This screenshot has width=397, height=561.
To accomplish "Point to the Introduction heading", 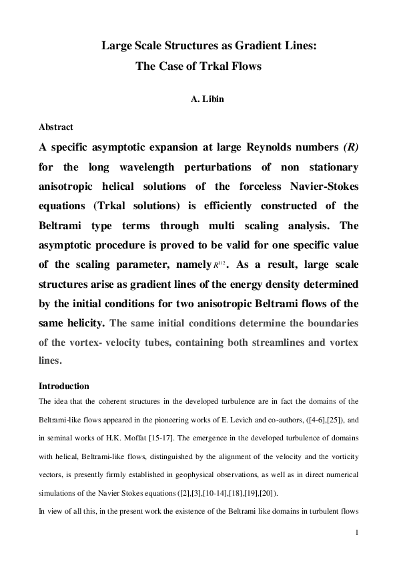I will [64, 386].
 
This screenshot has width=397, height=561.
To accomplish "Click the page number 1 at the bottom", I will [358, 532].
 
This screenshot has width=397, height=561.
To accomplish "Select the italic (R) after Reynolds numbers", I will [350, 147].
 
